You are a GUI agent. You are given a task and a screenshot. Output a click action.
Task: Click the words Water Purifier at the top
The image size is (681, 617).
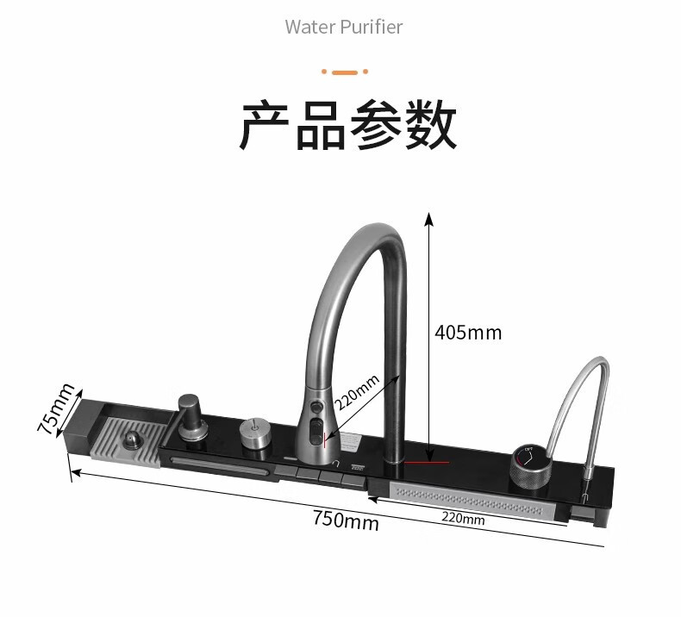tap(344, 27)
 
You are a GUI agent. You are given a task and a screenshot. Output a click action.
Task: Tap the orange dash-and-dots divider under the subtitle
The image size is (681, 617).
tap(344, 72)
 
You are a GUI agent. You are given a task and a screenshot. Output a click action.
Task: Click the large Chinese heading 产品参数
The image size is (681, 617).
tap(347, 126)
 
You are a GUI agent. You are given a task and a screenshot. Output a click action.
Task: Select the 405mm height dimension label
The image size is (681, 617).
tap(467, 332)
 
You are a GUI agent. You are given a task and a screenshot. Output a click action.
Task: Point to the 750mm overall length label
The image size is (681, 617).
tap(345, 520)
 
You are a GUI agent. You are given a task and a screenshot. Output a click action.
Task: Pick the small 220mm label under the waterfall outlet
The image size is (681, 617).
tap(463, 519)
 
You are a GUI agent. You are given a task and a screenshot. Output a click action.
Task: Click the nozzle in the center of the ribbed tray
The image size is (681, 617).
tap(132, 439)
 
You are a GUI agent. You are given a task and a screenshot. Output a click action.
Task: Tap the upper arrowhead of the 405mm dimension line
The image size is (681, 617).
tap(428, 216)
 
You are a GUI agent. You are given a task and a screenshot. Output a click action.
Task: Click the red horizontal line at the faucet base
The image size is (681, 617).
tap(428, 463)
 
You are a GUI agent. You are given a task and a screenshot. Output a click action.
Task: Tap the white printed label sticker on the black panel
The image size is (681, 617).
tap(352, 441)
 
